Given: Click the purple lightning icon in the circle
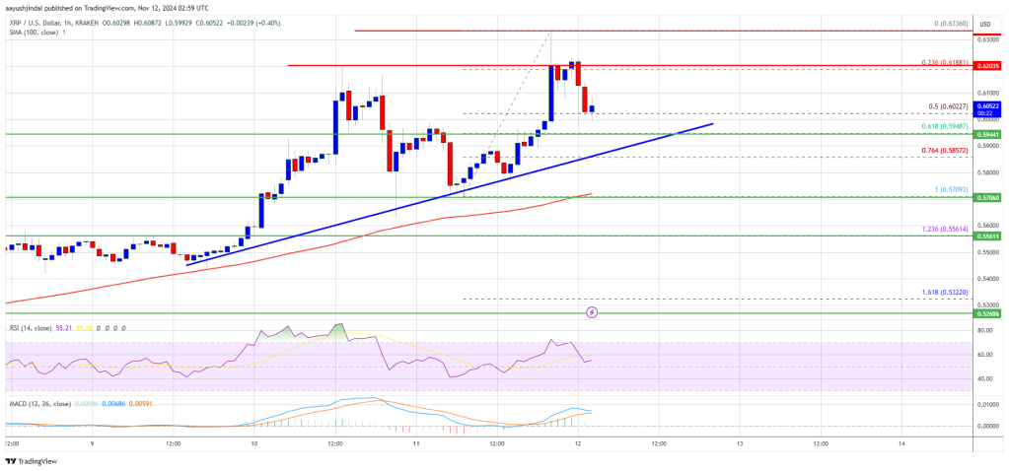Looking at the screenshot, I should [x=592, y=312].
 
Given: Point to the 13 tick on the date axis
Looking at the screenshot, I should [x=739, y=442].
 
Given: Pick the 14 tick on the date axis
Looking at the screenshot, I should [x=901, y=442].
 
